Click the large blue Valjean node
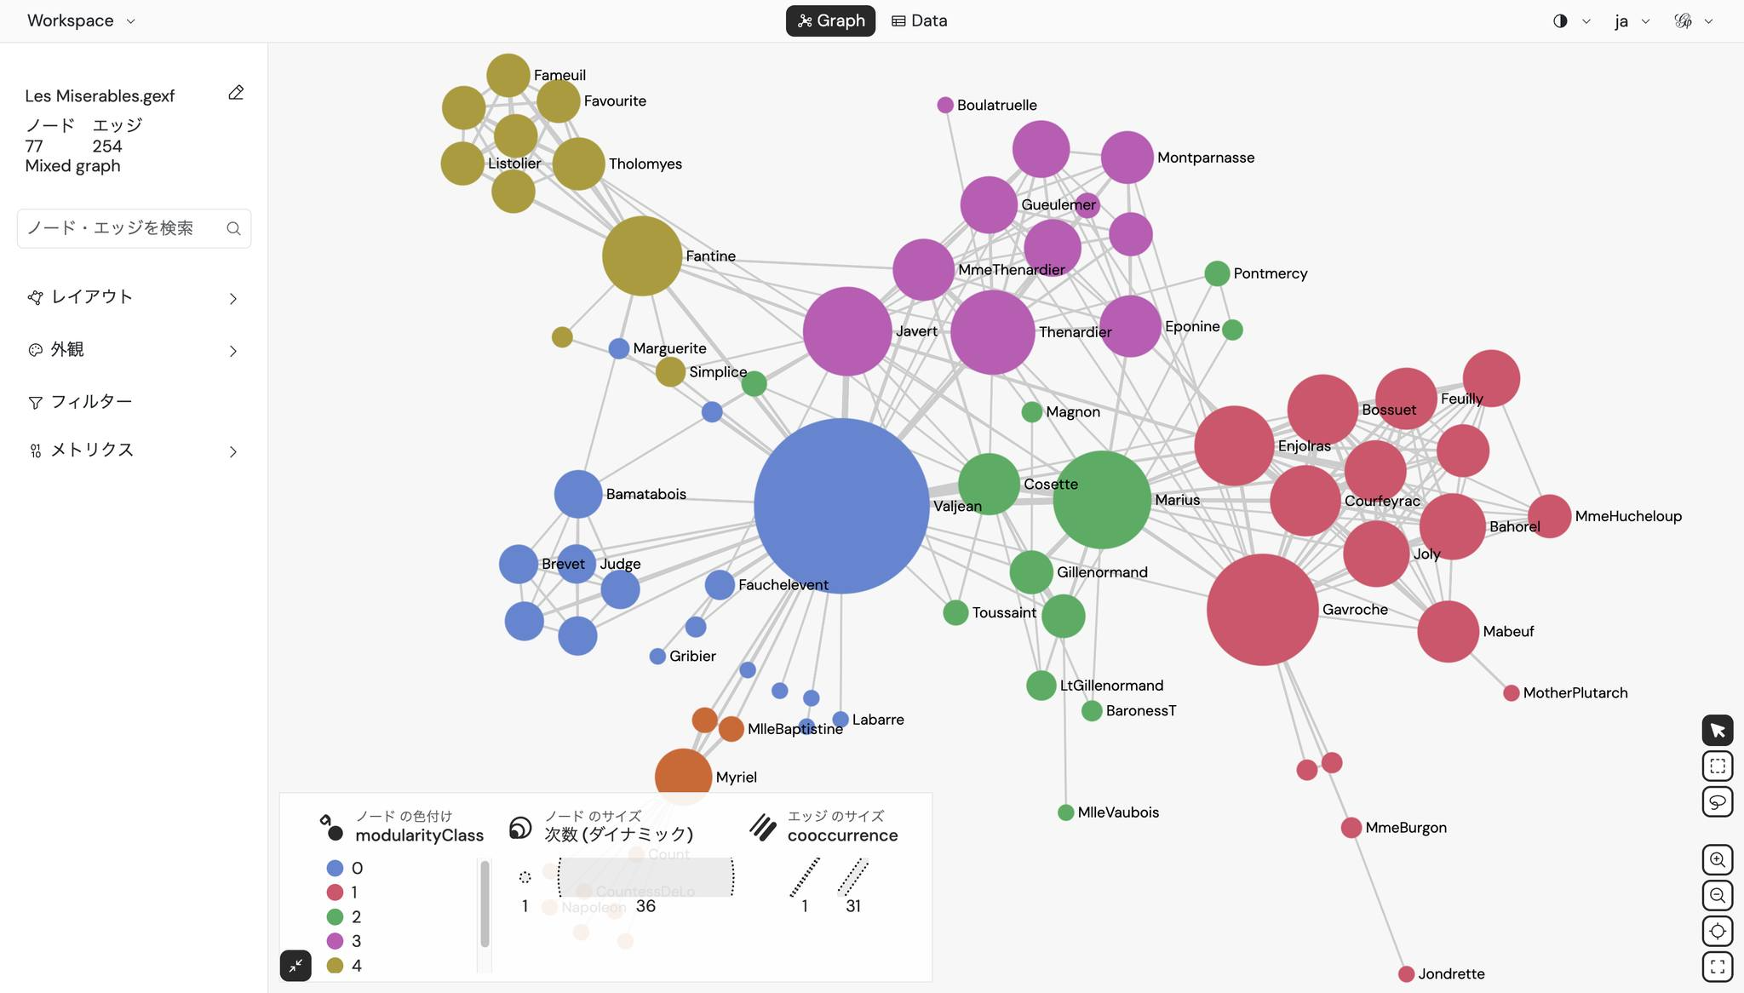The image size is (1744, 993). pyautogui.click(x=840, y=506)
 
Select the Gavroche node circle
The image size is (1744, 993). pyautogui.click(x=1262, y=610)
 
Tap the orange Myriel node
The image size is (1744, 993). pyautogui.click(x=683, y=776)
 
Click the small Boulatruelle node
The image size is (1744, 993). pyautogui.click(x=944, y=105)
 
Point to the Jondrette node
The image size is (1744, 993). pyautogui.click(x=1406, y=973)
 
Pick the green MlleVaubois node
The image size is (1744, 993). pyautogui.click(x=1065, y=812)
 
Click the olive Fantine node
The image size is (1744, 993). pyautogui.click(x=641, y=255)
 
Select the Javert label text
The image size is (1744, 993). pyautogui.click(x=916, y=331)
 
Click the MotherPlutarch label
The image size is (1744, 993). pyautogui.click(x=1575, y=693)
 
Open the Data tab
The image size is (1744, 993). pyautogui.click(x=919, y=20)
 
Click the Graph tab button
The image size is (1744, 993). pyautogui.click(x=830, y=20)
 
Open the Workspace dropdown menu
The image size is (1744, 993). pyautogui.click(x=81, y=20)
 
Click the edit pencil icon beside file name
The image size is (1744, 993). pyautogui.click(x=236, y=93)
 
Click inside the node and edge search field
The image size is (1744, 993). pyautogui.click(x=119, y=228)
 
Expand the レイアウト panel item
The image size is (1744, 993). pyautogui.click(x=134, y=297)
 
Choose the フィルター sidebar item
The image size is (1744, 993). pyautogui.click(x=91, y=402)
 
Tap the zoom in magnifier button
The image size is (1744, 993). pyautogui.click(x=1717, y=859)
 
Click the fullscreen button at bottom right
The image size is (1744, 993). pyautogui.click(x=1717, y=967)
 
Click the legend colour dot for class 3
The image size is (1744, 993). pyautogui.click(x=335, y=941)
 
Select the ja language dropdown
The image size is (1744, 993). pyautogui.click(x=1631, y=21)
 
